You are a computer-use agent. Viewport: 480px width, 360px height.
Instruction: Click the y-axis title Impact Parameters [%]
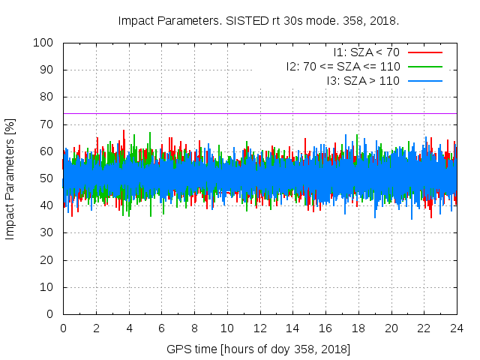click(10, 178)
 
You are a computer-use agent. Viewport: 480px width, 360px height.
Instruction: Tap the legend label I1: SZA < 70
click(366, 52)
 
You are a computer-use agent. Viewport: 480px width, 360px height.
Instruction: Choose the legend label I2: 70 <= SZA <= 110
click(343, 66)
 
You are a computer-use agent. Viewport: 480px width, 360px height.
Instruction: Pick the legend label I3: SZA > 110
click(363, 79)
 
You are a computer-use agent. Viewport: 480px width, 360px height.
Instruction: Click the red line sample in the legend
click(424, 52)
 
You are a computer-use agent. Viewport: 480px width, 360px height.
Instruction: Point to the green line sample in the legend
click(424, 66)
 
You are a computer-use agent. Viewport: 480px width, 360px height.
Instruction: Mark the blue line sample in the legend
click(424, 79)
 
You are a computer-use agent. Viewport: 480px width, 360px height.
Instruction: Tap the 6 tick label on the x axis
click(161, 328)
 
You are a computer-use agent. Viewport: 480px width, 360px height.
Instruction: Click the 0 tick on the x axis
click(63, 328)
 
